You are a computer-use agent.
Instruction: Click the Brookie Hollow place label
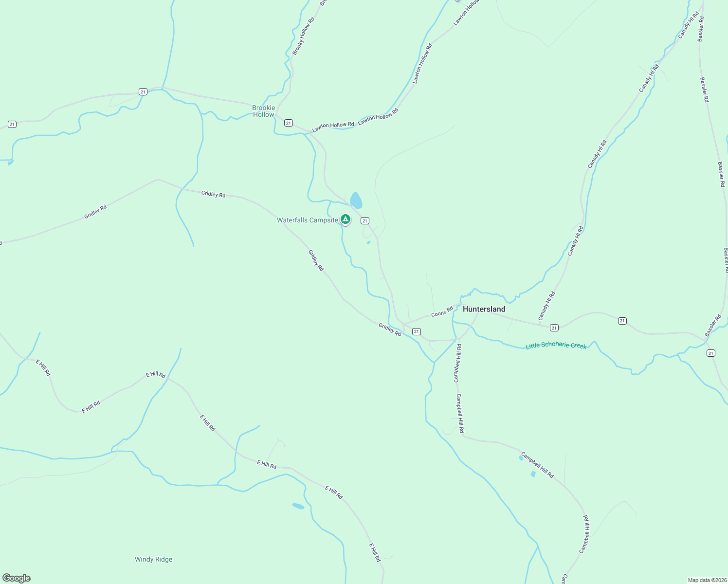[263, 111]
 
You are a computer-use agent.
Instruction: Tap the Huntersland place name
[484, 309]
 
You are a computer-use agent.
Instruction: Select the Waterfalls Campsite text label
[307, 220]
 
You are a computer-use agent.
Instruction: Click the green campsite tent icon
[346, 219]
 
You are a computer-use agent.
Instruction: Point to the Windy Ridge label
[153, 559]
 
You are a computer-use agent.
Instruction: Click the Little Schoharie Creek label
[556, 346]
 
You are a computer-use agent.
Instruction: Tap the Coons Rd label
[442, 311]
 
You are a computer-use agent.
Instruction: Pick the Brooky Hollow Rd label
[303, 36]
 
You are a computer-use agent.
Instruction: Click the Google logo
[16, 578]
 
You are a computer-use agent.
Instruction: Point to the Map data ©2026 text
[707, 580]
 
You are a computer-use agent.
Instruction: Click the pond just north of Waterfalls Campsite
[356, 200]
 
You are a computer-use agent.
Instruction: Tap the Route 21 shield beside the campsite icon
[365, 221]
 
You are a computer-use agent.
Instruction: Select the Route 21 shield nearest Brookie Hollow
[289, 123]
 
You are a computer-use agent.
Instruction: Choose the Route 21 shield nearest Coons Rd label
[416, 331]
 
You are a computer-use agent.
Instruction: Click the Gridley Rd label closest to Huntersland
[389, 329]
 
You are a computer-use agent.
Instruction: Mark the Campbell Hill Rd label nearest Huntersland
[457, 363]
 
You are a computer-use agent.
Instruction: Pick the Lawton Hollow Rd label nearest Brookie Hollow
[333, 126]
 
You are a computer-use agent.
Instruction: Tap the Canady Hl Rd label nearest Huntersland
[546, 305]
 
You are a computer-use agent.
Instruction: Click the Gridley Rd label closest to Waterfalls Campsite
[315, 260]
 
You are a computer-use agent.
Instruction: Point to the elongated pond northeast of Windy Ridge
[298, 506]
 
